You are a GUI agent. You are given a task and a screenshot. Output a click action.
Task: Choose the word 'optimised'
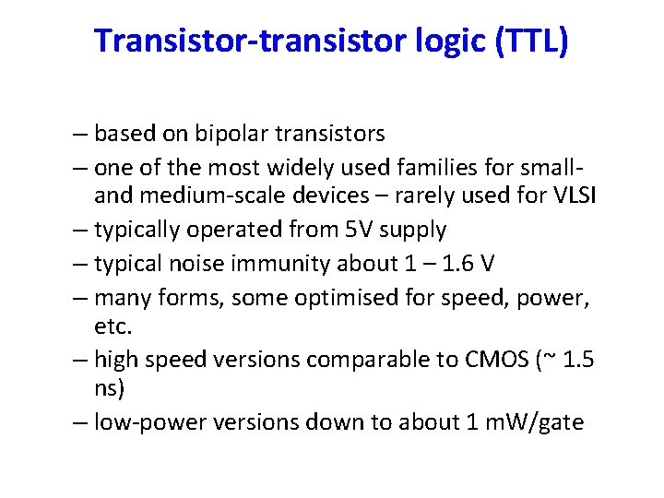(351, 297)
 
